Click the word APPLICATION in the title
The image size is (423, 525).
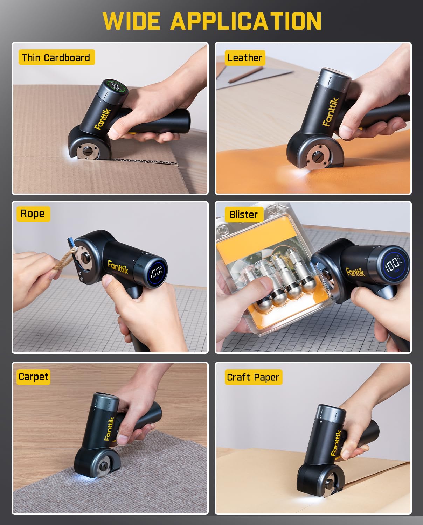tap(246, 21)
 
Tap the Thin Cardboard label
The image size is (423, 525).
tap(56, 57)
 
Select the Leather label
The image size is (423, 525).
tap(244, 58)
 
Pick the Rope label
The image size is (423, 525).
tap(33, 213)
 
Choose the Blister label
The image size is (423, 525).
tap(243, 214)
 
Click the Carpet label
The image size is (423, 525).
tap(33, 377)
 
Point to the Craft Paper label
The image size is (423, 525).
tap(253, 377)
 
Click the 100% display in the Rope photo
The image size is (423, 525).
tap(156, 272)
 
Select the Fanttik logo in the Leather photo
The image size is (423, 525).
tap(331, 111)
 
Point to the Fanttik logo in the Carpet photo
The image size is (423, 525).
tap(109, 428)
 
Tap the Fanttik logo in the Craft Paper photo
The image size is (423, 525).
tap(336, 443)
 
